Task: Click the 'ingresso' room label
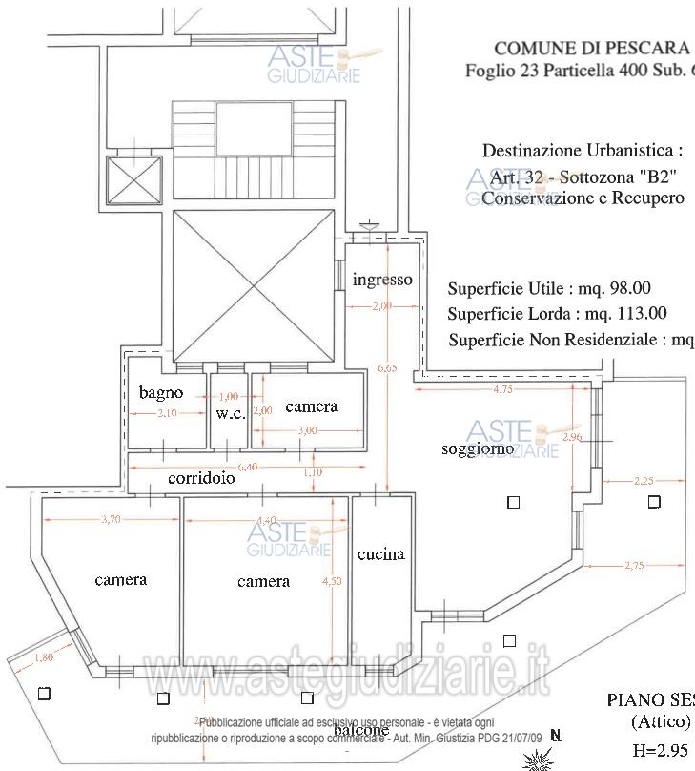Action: click(382, 280)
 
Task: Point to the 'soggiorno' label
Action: click(478, 448)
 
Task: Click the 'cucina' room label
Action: click(380, 554)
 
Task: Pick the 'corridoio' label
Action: click(201, 480)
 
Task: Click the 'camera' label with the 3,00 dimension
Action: click(311, 406)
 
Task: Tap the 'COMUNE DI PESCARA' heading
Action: click(591, 48)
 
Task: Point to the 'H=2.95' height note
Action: click(660, 750)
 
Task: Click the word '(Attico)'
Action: click(660, 722)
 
